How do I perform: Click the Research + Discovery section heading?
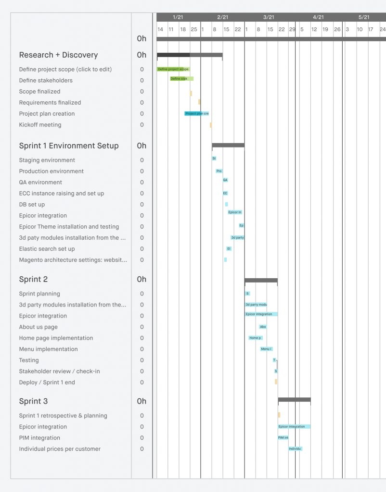pos(58,55)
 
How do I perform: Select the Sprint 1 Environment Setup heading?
pos(69,146)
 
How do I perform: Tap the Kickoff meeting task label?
pos(40,125)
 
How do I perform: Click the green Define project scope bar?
pos(173,69)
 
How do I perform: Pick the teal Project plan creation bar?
pos(196,114)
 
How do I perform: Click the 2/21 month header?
pos(222,17)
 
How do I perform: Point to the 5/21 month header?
pos(364,17)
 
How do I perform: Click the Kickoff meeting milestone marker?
pos(211,125)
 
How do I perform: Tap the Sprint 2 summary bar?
pos(261,280)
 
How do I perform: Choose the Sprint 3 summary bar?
pos(294,400)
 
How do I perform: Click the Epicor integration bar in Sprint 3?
pos(294,427)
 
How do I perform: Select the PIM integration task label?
pos(39,438)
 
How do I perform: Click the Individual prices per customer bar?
pos(295,449)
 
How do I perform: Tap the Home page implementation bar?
pos(256,338)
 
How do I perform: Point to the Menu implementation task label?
pos(48,349)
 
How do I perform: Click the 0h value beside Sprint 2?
pos(142,280)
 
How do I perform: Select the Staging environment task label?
pos(47,160)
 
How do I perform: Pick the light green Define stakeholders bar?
pos(181,79)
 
